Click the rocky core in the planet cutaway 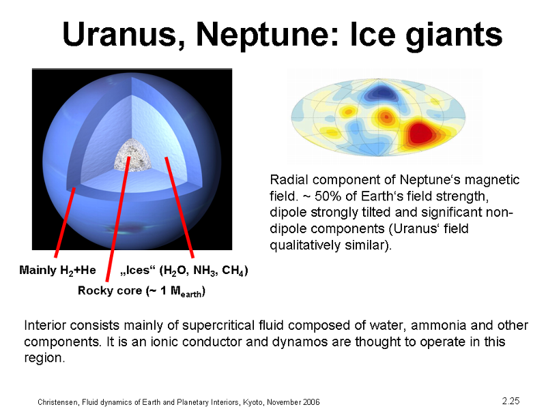point(132,155)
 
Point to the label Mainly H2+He point(57,270)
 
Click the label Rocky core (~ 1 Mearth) point(141,291)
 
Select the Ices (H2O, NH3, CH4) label point(184,271)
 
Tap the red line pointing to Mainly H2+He point(64,223)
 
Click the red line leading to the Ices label point(179,207)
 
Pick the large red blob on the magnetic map point(422,132)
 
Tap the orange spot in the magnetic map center point(386,117)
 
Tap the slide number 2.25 point(511,401)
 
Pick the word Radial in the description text point(289,180)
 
